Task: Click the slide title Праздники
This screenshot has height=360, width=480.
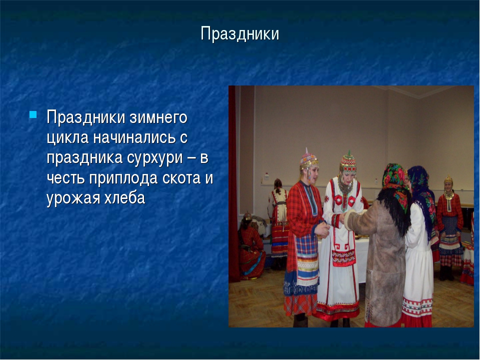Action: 239,33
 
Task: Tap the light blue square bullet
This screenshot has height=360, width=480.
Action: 33,114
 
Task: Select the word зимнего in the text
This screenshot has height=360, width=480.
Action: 158,117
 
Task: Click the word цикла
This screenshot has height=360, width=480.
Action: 67,138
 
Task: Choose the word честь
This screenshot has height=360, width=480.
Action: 65,178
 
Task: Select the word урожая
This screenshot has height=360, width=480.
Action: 73,198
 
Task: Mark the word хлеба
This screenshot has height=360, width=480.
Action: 124,198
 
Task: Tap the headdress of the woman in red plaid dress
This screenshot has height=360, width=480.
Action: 308,159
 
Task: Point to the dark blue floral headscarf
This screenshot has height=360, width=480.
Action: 421,190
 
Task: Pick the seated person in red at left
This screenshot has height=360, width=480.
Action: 251,248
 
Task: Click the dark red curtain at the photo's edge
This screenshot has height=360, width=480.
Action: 234,183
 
